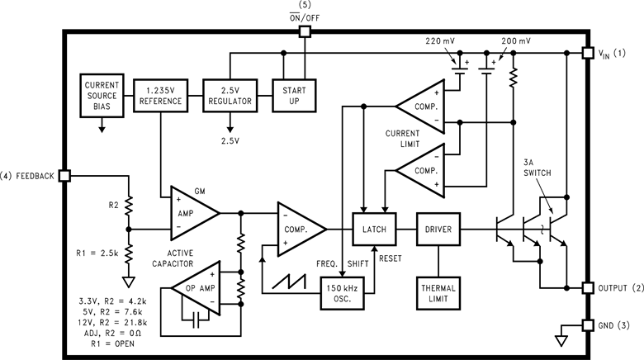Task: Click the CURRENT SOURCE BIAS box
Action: pyautogui.click(x=102, y=95)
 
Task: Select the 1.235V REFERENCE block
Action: pyautogui.click(x=159, y=95)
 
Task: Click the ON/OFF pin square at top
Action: pyautogui.click(x=304, y=31)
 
